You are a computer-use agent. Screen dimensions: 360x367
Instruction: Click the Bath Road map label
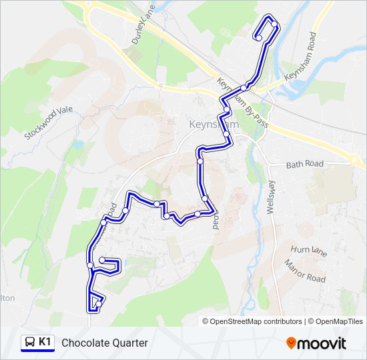pos(304,164)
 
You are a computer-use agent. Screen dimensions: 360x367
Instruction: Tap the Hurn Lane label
pos(309,250)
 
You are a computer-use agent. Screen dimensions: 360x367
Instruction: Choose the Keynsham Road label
pos(299,57)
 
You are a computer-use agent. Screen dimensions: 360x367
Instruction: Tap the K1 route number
pos(45,342)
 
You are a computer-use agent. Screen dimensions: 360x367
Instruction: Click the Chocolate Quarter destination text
pos(105,343)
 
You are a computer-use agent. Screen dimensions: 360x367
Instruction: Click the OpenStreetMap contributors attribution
pos(256,321)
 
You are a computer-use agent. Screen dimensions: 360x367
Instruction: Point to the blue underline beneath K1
pos(37,351)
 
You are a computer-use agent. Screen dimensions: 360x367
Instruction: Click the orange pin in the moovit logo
pos(292,343)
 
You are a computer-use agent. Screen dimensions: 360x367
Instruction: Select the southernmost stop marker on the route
pos(99,305)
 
